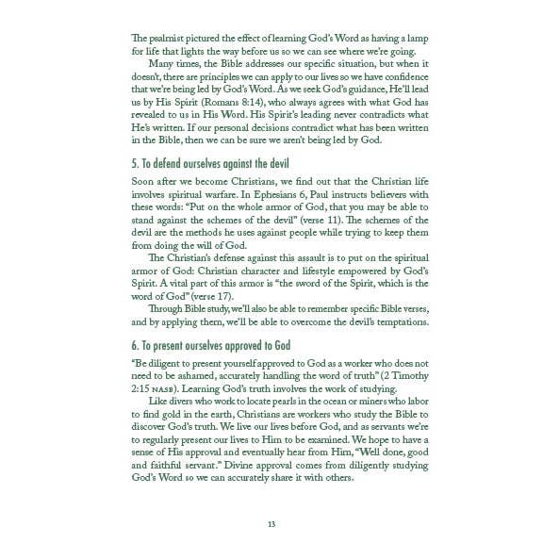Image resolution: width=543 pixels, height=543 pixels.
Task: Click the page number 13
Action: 271,523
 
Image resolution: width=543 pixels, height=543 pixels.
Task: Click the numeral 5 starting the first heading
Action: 135,162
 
